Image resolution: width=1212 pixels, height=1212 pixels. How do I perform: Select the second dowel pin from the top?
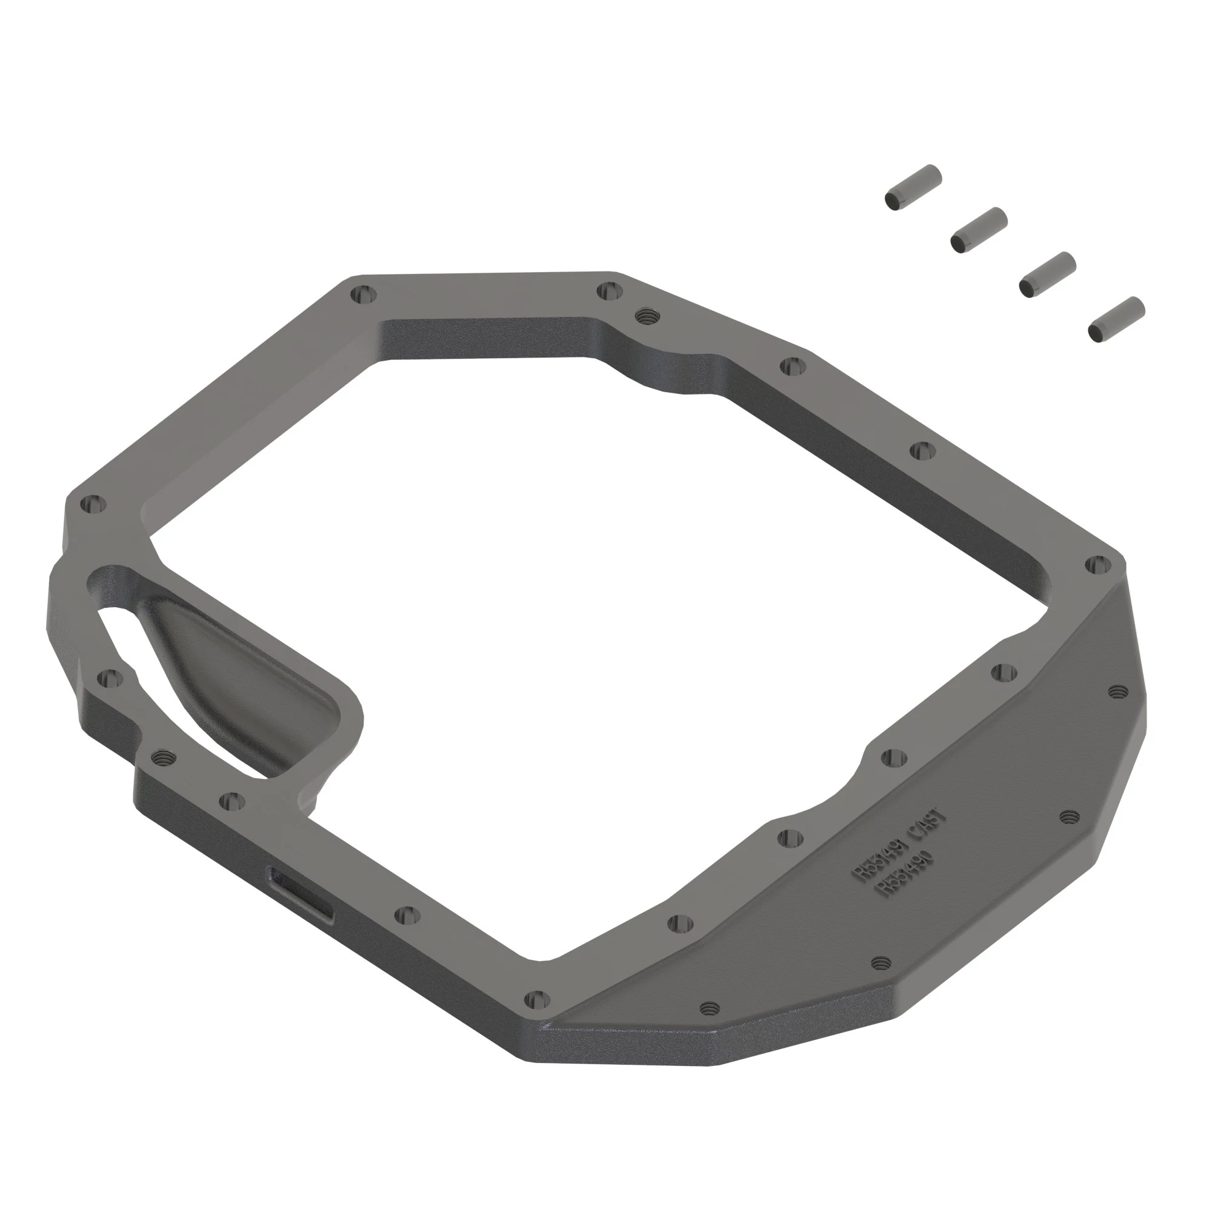point(978,229)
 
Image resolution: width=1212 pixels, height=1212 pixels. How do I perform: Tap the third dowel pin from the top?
point(1047,274)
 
